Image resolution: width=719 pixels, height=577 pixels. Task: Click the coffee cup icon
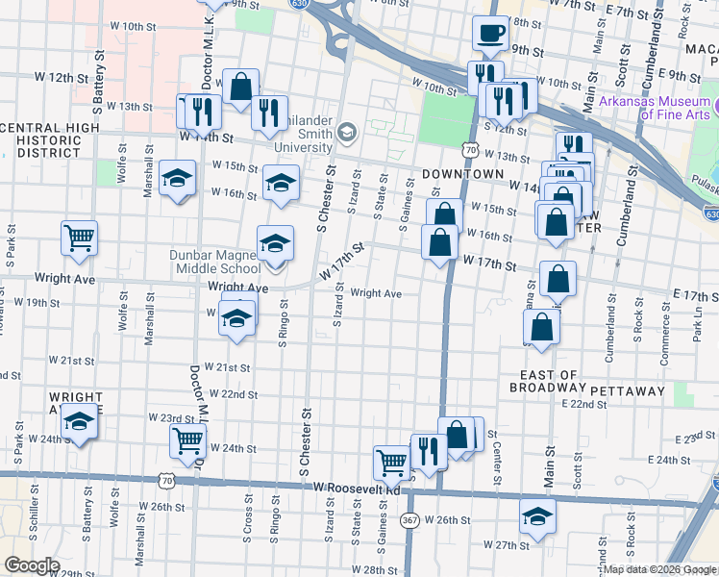pos(490,33)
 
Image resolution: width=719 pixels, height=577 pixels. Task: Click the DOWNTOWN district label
pos(462,174)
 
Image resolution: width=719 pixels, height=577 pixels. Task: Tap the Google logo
pos(32,565)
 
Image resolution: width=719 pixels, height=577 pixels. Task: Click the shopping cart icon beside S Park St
pos(79,237)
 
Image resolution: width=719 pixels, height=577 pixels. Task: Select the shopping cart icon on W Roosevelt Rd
pos(391,462)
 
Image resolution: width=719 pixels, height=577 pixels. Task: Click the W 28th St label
pos(361,570)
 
